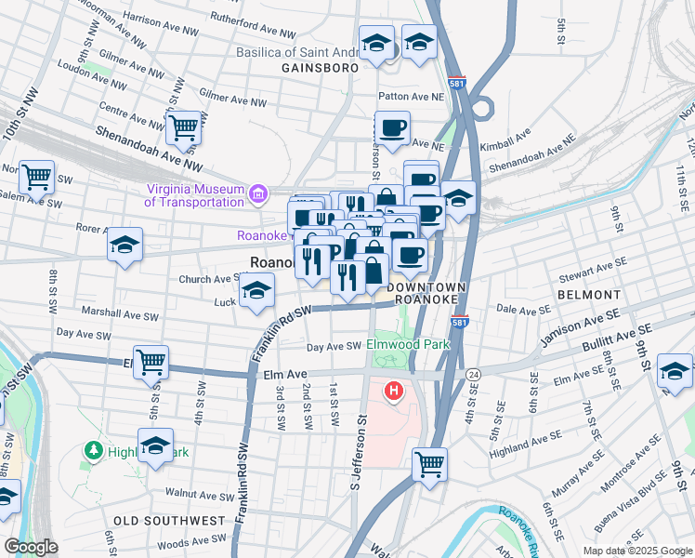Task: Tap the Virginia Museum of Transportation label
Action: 193,195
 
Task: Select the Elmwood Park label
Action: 408,344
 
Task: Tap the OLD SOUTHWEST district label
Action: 169,520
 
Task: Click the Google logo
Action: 31,547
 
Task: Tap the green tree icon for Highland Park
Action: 94,451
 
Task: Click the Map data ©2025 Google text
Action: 637,551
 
